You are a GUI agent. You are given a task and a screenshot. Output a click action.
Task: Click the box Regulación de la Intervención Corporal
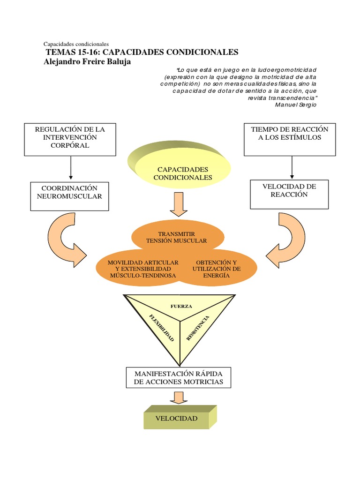click(70, 139)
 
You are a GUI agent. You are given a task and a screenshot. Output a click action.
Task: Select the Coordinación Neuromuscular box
click(69, 196)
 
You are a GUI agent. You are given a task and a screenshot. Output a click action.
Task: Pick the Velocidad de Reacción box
click(289, 194)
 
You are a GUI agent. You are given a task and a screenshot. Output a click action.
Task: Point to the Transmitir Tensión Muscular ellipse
click(176, 237)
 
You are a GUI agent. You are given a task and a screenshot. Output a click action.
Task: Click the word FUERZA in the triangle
click(180, 306)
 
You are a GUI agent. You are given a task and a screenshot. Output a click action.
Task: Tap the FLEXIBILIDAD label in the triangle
click(162, 327)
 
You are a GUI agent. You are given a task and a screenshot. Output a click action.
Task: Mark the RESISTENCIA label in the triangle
click(197, 328)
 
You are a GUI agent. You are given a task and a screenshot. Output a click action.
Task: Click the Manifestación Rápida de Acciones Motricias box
click(179, 378)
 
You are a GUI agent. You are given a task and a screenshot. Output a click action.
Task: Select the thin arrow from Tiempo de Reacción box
click(292, 167)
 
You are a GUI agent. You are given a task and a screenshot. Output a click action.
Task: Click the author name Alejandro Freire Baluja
click(87, 61)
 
